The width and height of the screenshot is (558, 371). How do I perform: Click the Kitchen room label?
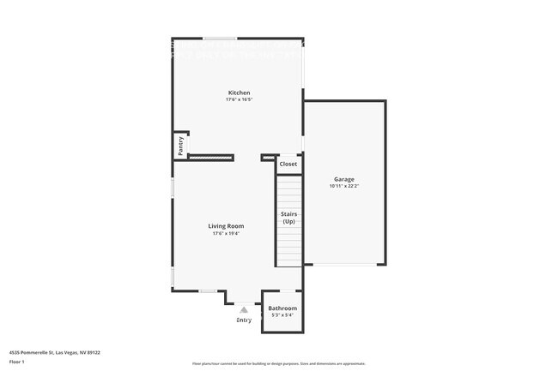coord(239,93)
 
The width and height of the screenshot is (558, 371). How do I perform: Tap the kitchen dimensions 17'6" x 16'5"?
coord(239,100)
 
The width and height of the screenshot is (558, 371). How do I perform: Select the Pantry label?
coord(181,145)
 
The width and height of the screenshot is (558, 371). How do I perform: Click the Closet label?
coord(288,164)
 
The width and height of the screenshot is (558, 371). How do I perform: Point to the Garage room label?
coord(343,179)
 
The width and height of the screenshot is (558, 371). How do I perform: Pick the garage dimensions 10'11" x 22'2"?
coord(343,186)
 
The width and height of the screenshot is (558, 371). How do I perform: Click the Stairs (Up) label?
coord(288,218)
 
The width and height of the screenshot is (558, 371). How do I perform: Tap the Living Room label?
coord(226,226)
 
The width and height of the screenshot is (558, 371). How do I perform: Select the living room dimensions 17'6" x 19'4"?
coord(226,233)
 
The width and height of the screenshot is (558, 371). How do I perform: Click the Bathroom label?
coord(282,308)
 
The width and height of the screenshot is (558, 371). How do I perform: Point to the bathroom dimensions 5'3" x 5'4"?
coord(282,315)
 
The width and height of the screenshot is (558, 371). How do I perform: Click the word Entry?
coord(245,320)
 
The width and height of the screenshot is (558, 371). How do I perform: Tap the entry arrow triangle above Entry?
coord(245,309)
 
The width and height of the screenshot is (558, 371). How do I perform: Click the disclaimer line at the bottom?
coord(279,363)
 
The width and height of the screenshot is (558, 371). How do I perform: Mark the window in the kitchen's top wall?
coord(220,39)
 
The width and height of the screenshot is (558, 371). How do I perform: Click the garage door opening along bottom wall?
coord(343,264)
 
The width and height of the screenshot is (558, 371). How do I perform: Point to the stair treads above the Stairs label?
coord(289,190)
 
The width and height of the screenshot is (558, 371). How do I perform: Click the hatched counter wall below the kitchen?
coord(210,157)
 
